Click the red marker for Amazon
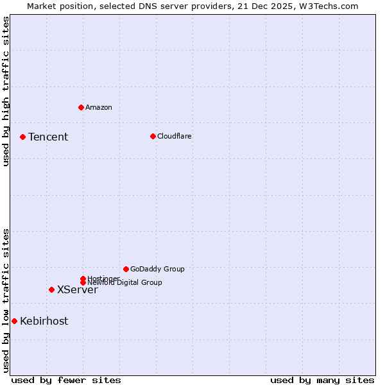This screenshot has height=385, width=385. [x=81, y=107]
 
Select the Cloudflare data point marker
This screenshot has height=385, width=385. [x=153, y=136]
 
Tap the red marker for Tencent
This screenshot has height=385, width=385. [x=22, y=137]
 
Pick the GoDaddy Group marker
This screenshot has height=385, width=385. [x=126, y=269]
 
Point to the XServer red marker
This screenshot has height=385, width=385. [x=51, y=289]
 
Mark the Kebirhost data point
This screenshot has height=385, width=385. [x=14, y=321]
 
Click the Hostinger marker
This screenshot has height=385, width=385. [x=83, y=278]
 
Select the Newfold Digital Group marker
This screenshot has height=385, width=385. [x=83, y=282]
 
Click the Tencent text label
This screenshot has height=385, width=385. [x=48, y=137]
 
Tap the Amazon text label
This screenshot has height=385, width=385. [x=99, y=107]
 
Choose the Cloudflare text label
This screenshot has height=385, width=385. [x=175, y=136]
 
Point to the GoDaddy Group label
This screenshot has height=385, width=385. [x=157, y=269]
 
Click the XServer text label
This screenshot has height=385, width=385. [x=78, y=289]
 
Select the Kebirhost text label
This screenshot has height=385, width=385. [x=44, y=321]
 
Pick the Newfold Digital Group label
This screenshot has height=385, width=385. [x=125, y=283]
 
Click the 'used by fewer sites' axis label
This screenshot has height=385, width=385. [x=66, y=380]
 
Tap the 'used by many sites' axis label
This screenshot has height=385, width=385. [x=322, y=380]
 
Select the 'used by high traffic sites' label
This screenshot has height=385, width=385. [x=6, y=91]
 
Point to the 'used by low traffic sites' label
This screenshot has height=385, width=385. [x=6, y=300]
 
